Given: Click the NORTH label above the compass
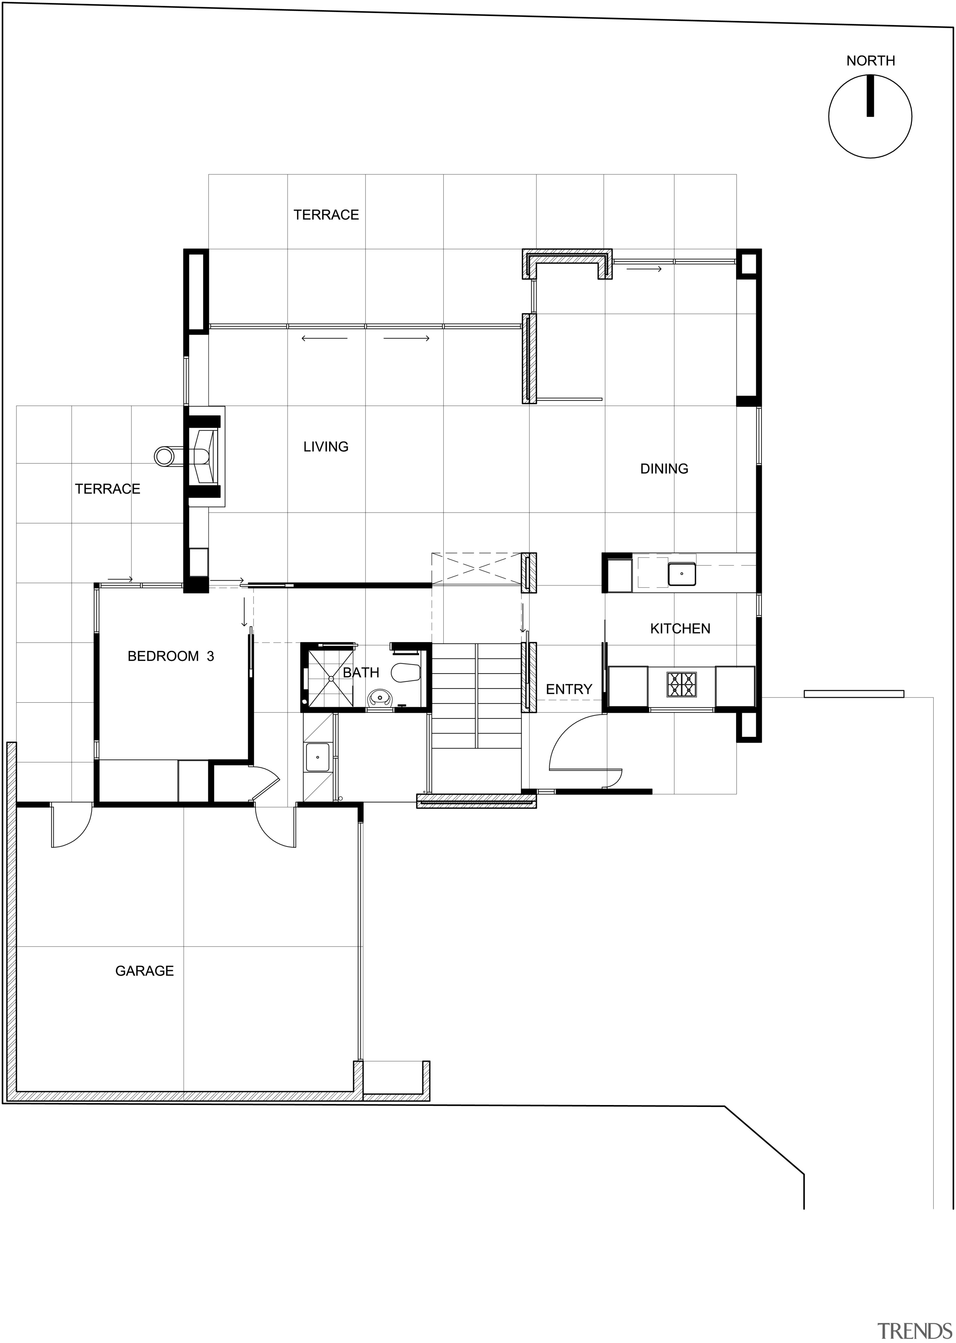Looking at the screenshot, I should point(870,61).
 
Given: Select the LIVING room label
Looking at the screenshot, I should point(326,447).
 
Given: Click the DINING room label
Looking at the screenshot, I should point(664,469).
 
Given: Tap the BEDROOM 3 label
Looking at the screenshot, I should point(171,656).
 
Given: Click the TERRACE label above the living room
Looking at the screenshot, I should point(326,215).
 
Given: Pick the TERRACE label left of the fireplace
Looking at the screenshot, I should point(108,489).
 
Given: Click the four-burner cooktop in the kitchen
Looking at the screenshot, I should point(681,685).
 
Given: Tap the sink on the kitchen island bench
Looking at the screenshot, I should point(681,573).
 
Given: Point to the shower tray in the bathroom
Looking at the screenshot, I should point(331,678).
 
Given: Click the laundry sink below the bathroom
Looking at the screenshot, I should point(317,757).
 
